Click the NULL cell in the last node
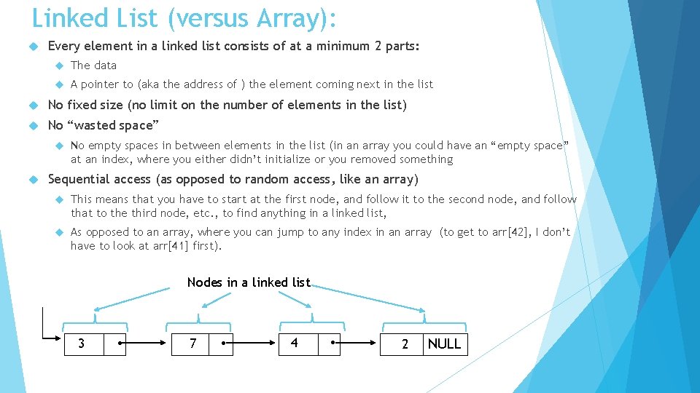445,344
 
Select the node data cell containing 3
81,344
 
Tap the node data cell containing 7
192,344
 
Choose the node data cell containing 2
405,344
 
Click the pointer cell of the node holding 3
115,344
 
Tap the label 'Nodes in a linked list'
249,282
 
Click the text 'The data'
93,65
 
